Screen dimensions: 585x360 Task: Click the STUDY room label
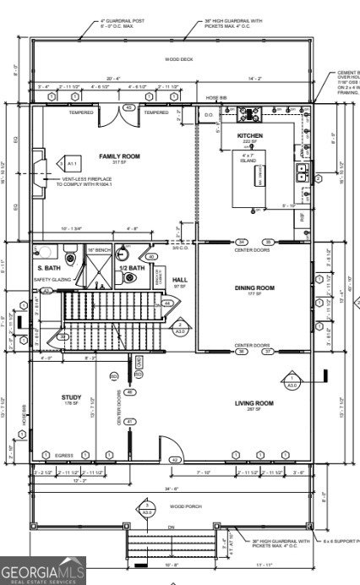[x=70, y=396]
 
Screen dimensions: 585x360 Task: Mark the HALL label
[x=179, y=280]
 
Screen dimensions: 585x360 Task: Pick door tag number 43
[x=128, y=108]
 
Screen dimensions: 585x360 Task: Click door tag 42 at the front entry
[x=176, y=460]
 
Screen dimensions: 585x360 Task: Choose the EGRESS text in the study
[x=65, y=455]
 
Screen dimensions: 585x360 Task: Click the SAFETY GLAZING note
[x=50, y=279]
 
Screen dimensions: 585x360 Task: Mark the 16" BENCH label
[x=99, y=251]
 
